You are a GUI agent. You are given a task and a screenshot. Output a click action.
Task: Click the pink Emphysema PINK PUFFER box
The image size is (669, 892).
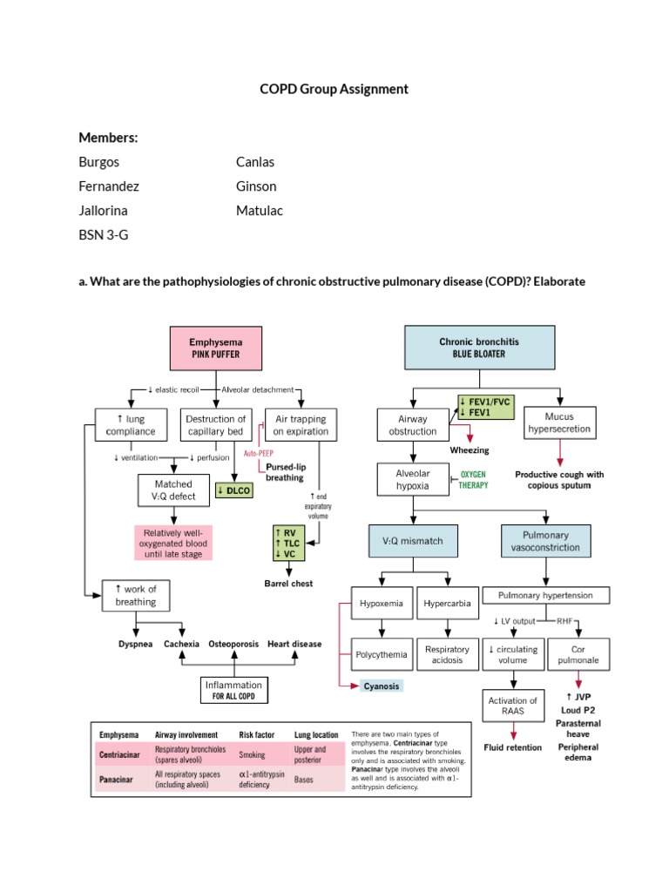[x=216, y=348]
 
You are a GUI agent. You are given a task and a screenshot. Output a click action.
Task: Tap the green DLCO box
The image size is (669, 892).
[x=233, y=490]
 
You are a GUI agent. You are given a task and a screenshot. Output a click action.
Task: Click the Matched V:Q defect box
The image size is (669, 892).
[x=173, y=490]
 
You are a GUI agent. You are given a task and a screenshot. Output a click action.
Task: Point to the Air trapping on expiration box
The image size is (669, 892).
[x=301, y=424]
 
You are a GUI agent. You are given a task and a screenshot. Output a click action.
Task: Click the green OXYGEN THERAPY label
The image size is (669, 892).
[x=474, y=479]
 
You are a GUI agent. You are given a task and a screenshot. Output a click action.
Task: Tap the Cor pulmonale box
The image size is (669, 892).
[x=578, y=655]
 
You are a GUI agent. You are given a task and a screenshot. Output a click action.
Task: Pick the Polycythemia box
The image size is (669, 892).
[x=380, y=654]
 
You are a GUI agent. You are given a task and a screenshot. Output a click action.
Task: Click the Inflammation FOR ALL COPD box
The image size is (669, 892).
[x=234, y=690]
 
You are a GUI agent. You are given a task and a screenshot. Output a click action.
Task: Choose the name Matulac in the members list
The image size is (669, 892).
[x=260, y=211]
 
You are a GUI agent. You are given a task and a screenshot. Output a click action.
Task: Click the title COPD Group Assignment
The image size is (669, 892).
[x=334, y=89]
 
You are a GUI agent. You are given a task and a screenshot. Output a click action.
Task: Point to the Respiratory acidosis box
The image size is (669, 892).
[x=447, y=655]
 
